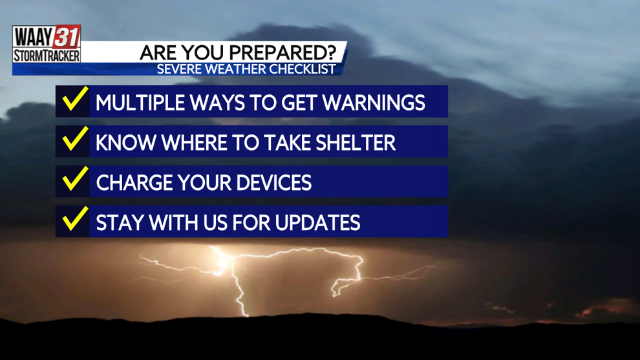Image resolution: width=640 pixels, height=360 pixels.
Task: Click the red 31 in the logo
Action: click(67, 37)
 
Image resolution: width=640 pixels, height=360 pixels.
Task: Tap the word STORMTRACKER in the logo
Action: click(47, 56)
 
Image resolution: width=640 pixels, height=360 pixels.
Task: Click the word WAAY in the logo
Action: click(34, 37)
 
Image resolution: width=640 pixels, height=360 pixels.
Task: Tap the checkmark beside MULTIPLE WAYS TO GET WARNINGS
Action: click(75, 99)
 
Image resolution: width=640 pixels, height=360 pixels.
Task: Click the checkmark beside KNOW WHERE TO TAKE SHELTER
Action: click(75, 139)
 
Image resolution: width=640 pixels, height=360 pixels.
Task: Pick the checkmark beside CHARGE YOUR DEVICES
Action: click(75, 179)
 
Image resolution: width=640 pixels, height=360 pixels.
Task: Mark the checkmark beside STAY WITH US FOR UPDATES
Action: click(75, 218)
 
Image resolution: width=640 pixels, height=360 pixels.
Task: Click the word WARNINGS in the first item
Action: click(374, 103)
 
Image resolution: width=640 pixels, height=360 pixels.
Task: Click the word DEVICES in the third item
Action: click(273, 182)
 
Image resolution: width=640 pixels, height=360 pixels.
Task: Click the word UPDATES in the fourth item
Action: click(317, 222)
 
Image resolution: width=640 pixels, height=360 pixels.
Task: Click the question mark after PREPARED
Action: click(332, 52)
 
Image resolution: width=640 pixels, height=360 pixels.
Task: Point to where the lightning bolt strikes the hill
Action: click(246, 315)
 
